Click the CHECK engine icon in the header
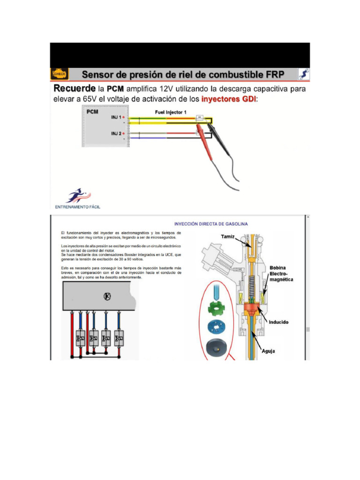60,74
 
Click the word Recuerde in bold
73,89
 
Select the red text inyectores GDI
229,99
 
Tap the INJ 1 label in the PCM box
117,117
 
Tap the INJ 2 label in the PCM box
117,134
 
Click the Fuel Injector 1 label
171,112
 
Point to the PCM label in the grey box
93,112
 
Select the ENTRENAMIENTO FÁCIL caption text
78,207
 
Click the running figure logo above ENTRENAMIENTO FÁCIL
78,195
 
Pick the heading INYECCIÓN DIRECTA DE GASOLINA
211,224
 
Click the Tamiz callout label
228,237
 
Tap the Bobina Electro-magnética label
281,273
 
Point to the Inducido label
278,322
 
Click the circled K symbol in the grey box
107,296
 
